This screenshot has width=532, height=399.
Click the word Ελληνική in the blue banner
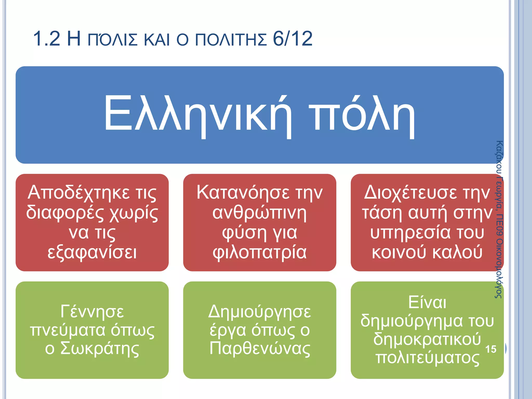coord(197,114)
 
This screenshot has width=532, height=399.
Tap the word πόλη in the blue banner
coord(362,114)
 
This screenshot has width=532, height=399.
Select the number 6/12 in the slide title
coord(292,39)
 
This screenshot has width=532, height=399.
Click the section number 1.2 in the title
coord(47,39)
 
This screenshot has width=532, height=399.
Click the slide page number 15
coord(491,349)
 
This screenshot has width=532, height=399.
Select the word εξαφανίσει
coord(92,252)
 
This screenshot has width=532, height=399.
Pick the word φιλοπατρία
coord(260,252)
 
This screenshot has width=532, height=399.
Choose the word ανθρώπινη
coord(260,213)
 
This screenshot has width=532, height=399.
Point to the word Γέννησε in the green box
coord(92,311)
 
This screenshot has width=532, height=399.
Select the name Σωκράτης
coord(100,349)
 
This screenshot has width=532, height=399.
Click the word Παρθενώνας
coord(260,349)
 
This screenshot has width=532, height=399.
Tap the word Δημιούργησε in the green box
coord(260,311)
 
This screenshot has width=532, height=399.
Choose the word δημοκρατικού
coord(427,339)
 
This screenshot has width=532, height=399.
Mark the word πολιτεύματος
coord(427,358)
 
